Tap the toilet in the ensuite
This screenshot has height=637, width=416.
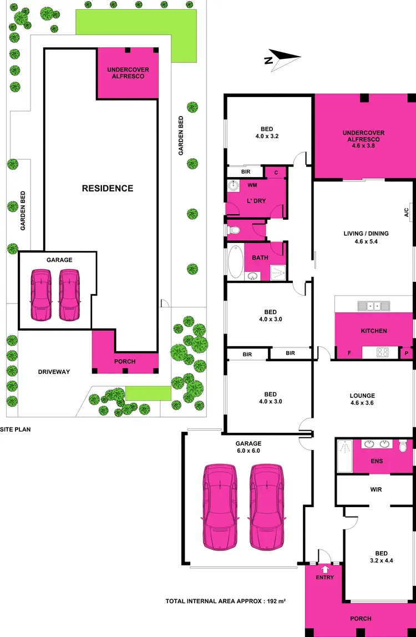[x=403, y=445]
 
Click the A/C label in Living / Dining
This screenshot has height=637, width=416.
[x=406, y=212]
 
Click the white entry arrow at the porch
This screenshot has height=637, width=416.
[x=325, y=569]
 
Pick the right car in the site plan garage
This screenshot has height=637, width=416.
[x=69, y=295]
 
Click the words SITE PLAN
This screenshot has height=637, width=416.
[x=15, y=429]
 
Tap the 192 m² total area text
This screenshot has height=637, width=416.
[x=275, y=601]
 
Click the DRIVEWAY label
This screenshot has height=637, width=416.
[x=54, y=372]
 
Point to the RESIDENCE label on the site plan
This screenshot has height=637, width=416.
[x=108, y=188]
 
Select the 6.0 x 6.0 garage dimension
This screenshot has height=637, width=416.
[x=248, y=451]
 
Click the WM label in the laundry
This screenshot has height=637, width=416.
[x=252, y=185]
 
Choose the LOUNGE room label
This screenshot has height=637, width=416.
[x=362, y=396]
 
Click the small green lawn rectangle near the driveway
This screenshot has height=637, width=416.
[x=148, y=393]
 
